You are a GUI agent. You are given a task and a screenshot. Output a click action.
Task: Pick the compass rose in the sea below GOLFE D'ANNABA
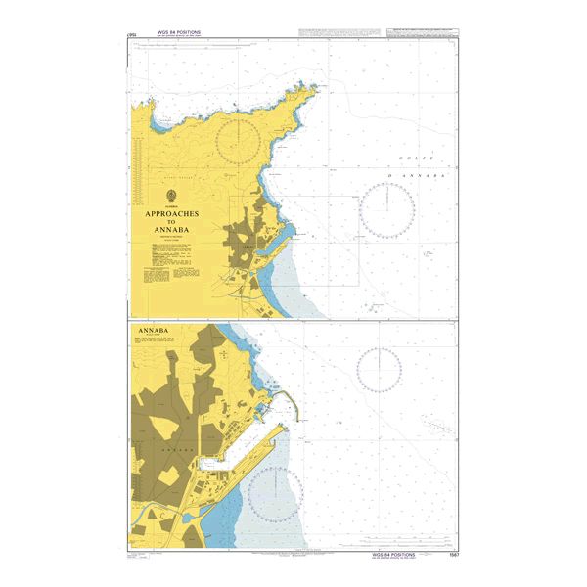[386, 210]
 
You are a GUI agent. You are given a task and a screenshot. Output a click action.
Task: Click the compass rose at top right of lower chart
[379, 368]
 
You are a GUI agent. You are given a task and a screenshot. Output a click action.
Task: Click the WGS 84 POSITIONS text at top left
[176, 33]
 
